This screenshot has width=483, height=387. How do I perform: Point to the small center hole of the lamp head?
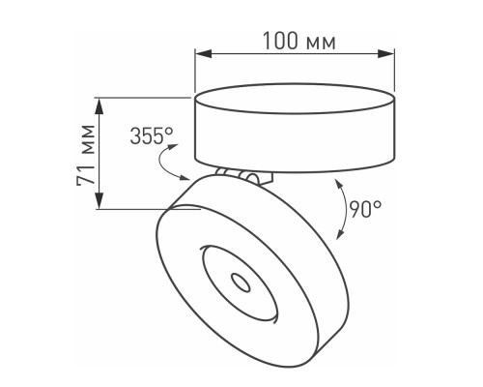coord(239,281)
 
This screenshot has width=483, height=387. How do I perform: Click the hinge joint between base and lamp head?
coord(243,176)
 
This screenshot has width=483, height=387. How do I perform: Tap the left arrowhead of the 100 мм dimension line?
coord(200,55)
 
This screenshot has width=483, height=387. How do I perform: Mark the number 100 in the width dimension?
coord(280,42)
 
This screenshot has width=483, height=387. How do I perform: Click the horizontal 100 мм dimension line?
coord(294,55)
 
